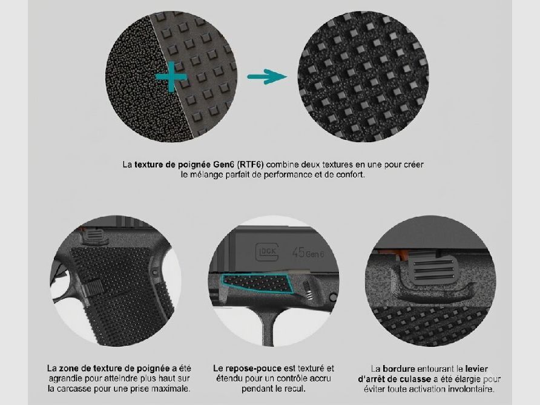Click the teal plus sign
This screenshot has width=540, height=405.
(171, 77)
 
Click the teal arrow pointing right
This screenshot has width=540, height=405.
(267, 76)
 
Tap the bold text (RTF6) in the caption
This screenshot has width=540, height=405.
(251, 165)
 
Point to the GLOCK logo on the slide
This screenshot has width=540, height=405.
(266, 252)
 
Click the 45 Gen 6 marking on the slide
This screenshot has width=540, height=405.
(308, 253)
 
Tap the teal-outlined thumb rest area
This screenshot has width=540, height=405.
(256, 284)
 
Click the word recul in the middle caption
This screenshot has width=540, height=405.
(295, 389)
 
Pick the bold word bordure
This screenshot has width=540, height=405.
(398, 369)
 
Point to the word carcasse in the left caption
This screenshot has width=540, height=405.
(73, 389)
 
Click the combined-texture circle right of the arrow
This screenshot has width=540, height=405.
(363, 76)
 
